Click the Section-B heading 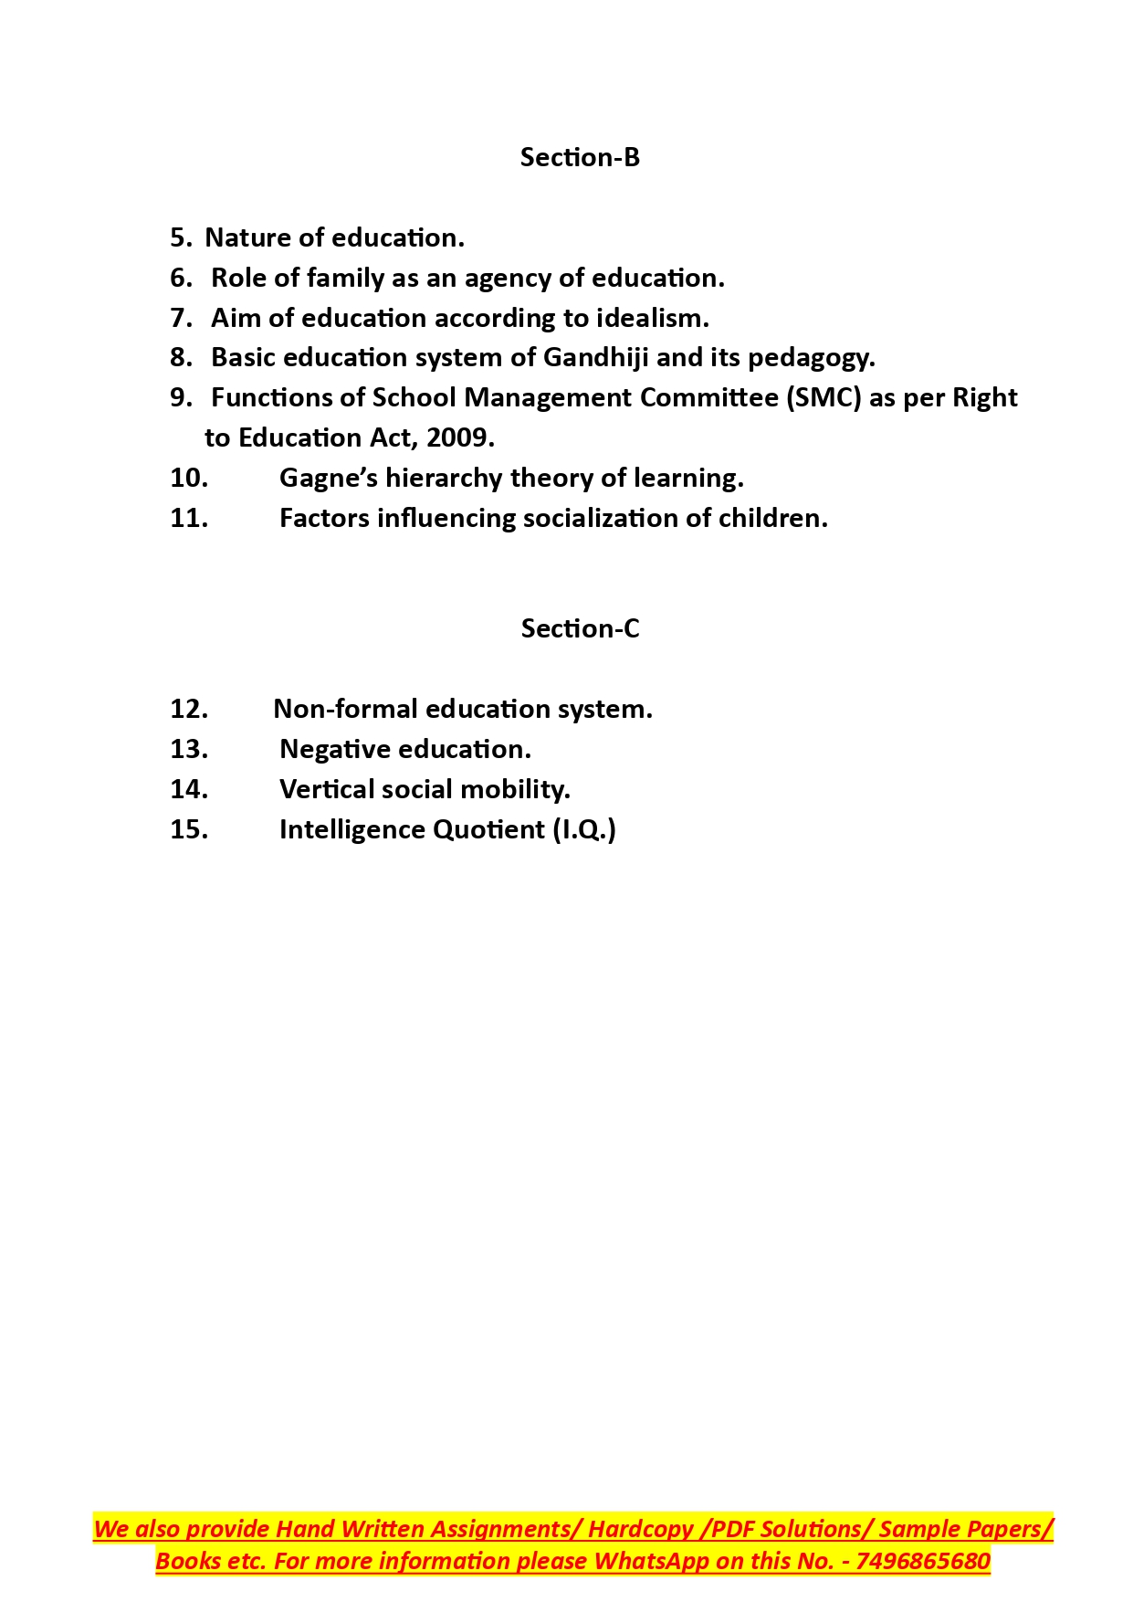coord(580,157)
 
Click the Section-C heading coord(580,628)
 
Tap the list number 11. coord(189,518)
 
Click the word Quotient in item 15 coord(488,829)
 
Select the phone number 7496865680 coord(922,1561)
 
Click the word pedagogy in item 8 coord(811,357)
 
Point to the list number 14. coord(189,789)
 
